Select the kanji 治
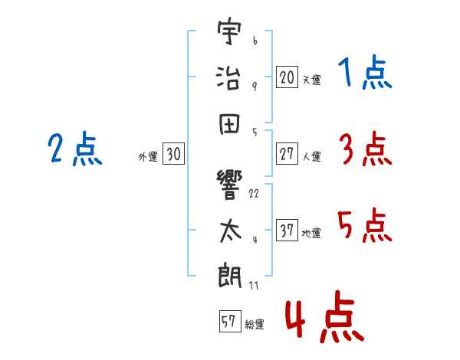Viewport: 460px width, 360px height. [229, 77]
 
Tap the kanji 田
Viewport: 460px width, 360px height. [229, 121]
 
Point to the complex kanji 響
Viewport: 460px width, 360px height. [229, 185]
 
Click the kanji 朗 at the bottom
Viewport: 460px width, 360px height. [229, 275]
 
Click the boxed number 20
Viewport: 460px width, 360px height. [287, 77]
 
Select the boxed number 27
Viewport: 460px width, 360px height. [287, 154]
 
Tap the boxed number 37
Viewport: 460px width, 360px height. [287, 231]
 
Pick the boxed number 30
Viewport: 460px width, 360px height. [173, 154]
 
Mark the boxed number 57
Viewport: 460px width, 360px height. [228, 322]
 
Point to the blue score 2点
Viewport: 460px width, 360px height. [74, 149]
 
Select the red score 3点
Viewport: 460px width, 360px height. [365, 149]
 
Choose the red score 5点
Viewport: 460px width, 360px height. [365, 225]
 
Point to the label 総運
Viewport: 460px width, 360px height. [255, 325]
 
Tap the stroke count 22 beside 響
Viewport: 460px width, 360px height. [254, 193]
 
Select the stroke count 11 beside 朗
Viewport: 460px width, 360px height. [254, 285]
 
